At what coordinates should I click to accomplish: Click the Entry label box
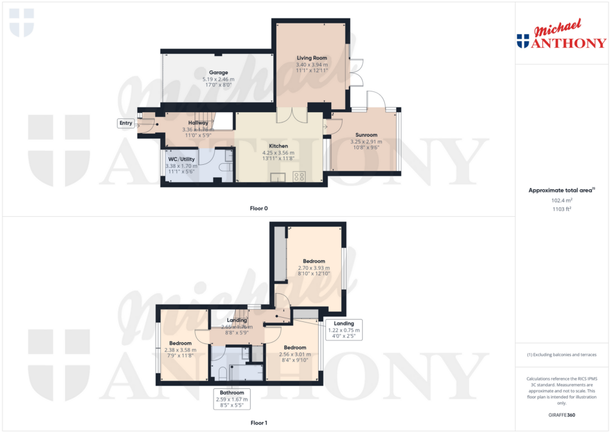pyautogui.click(x=126, y=123)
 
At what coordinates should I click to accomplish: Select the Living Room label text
pyautogui.click(x=312, y=58)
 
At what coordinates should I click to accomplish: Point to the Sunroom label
pyautogui.click(x=367, y=135)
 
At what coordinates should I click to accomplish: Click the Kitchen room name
pyautogui.click(x=278, y=146)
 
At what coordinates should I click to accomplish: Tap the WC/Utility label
pyautogui.click(x=180, y=159)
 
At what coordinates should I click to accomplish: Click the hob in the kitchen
pyautogui.click(x=299, y=176)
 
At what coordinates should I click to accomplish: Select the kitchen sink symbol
pyautogui.click(x=277, y=177)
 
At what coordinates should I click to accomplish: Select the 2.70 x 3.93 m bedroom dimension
pyautogui.click(x=314, y=268)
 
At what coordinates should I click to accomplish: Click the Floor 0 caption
pyautogui.click(x=258, y=208)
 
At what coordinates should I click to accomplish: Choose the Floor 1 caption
pyautogui.click(x=258, y=423)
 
